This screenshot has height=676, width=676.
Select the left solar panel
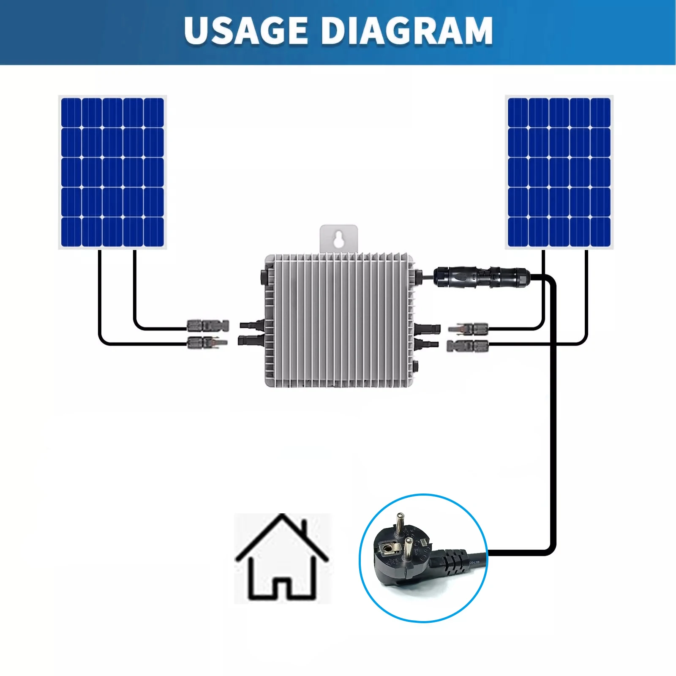[x=112, y=172]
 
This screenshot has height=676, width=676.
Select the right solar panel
[x=559, y=172]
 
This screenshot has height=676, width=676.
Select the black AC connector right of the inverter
[x=482, y=277]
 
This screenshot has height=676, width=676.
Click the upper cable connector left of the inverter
[x=208, y=325]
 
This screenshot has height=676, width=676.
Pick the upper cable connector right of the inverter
[x=468, y=328]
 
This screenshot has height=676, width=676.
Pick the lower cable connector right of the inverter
[x=467, y=346]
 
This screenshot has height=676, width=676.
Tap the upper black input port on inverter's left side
[x=252, y=325]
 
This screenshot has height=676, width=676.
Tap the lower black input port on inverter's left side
[x=251, y=340]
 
